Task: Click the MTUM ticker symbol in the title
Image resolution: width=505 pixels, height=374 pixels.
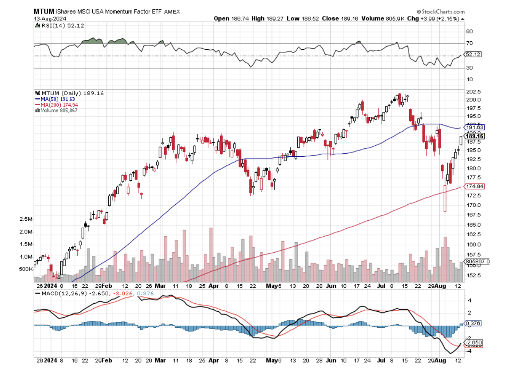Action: tap(44, 12)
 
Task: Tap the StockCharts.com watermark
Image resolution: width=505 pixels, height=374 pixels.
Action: tap(441, 12)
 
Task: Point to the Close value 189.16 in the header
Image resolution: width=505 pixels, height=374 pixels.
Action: tap(343, 19)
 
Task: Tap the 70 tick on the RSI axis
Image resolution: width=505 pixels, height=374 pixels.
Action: tap(469, 44)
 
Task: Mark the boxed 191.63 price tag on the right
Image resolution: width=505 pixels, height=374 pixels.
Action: tap(474, 127)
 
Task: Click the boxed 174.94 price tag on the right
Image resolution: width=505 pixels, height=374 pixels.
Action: tap(474, 186)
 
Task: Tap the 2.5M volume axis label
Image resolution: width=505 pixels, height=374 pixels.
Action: tap(26, 219)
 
